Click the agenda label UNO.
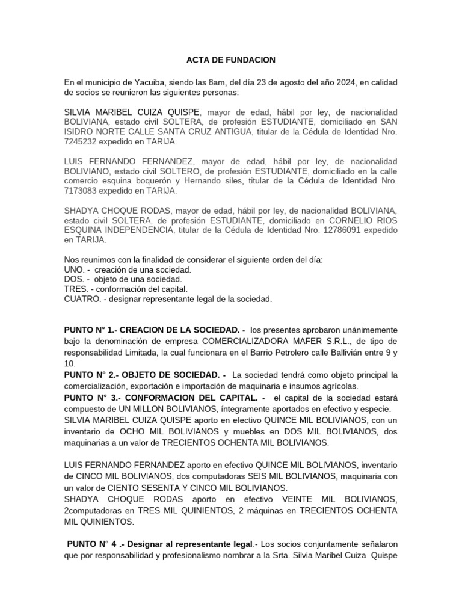74,269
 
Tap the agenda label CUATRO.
82,299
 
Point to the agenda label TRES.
75,289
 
